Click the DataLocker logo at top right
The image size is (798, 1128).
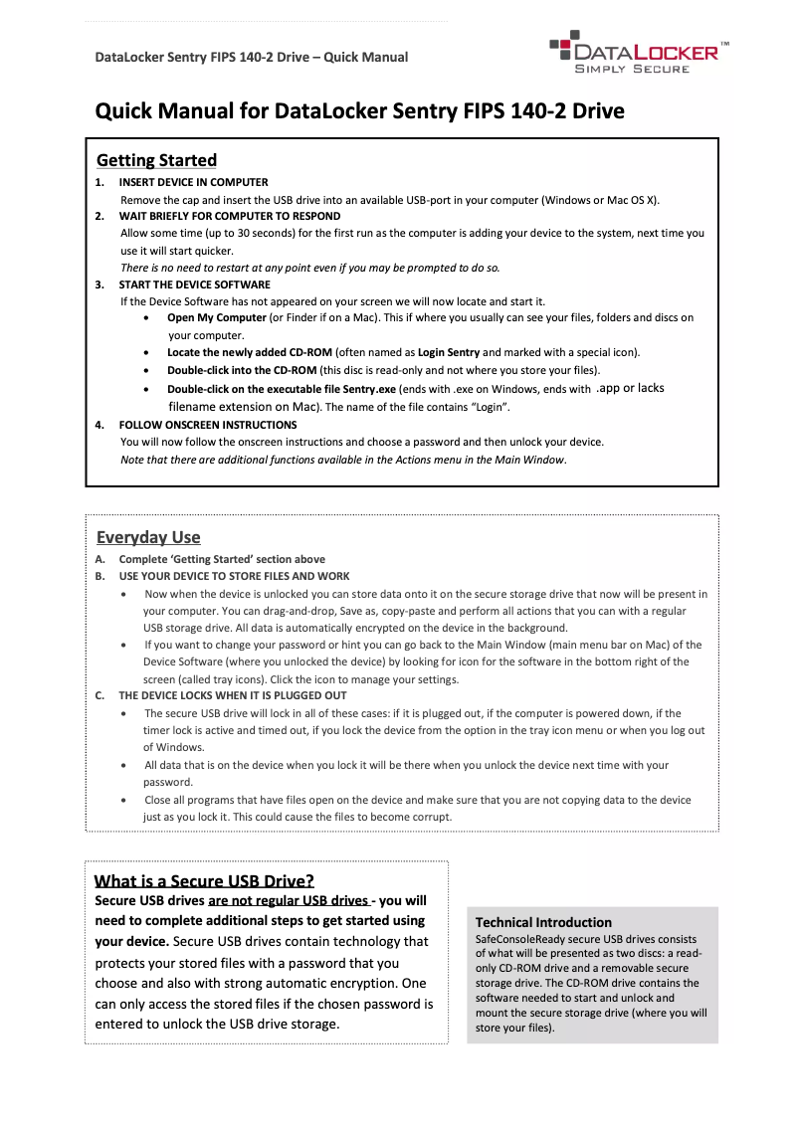click(x=637, y=51)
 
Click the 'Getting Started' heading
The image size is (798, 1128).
click(x=156, y=160)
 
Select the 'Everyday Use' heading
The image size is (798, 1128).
click(x=148, y=537)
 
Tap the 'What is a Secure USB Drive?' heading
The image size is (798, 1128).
click(x=204, y=880)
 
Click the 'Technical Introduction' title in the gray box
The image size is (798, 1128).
click(x=543, y=922)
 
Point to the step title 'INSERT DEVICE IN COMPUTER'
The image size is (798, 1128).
click(x=193, y=182)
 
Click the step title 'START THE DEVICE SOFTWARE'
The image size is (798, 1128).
click(x=194, y=284)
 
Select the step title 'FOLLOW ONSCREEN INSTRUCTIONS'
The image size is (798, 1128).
click(x=207, y=425)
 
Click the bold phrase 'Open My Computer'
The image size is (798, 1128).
click(x=217, y=318)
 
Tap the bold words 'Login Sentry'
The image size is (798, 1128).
click(x=448, y=352)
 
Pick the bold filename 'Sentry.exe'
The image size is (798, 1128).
click(x=365, y=389)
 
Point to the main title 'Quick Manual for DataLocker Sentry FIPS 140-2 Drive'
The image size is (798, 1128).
click(x=359, y=110)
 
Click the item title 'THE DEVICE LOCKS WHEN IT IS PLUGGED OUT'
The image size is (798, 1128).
click(x=233, y=695)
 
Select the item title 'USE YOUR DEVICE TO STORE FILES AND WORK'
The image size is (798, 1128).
click(x=234, y=576)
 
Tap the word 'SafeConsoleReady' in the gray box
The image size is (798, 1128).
click(x=522, y=939)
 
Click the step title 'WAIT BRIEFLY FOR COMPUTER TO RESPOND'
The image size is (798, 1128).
click(x=229, y=216)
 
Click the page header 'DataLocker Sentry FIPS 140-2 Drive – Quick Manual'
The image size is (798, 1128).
click(x=251, y=57)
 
